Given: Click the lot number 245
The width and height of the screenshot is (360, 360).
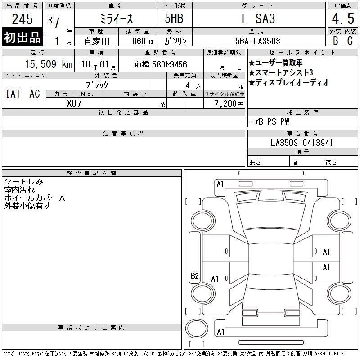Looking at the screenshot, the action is point(22,19).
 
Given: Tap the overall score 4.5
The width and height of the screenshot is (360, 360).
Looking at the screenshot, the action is point(343,18).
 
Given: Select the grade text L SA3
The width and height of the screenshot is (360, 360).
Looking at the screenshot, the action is point(258,18).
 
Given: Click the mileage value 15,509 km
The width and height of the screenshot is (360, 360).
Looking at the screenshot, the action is point(49,64).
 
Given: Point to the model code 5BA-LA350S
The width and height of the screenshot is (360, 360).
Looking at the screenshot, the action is point(257,41).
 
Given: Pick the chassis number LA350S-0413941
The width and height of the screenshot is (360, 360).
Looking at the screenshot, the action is point(301,143).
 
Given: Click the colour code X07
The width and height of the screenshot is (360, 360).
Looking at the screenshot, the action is point(74,103).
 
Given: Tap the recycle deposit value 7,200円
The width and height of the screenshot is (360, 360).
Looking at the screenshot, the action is point(229,104).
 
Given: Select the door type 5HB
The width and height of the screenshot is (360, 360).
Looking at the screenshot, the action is point(174,18).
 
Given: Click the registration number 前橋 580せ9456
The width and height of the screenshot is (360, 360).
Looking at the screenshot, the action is point(161,64).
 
